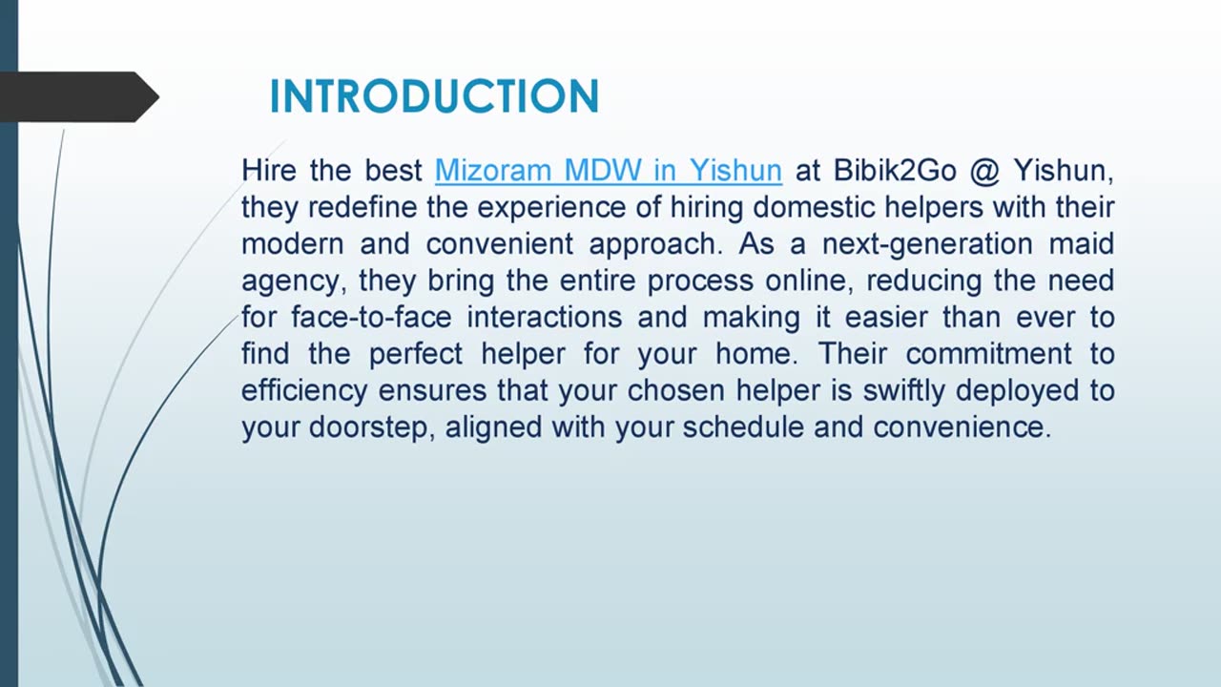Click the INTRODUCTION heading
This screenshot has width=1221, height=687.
(434, 96)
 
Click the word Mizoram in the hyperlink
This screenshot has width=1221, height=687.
(493, 171)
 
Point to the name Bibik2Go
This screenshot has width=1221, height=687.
(895, 171)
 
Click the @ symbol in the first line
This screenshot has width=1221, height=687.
(985, 171)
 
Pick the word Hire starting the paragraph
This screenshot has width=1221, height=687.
(268, 171)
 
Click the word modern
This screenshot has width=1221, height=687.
(291, 243)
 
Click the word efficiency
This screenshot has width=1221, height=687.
(303, 390)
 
